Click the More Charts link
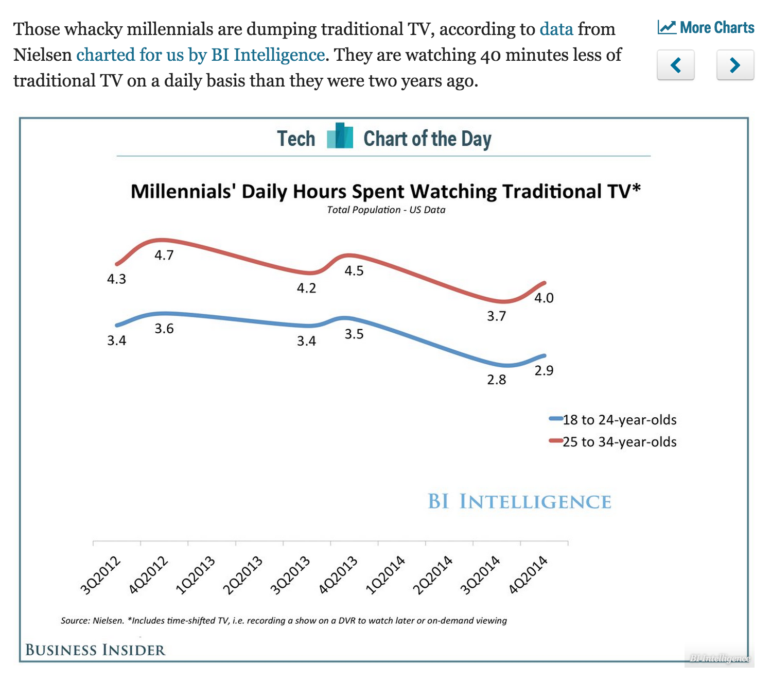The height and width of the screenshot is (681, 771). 706,28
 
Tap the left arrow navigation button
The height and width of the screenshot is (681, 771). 675,65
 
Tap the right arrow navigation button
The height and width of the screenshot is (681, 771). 735,65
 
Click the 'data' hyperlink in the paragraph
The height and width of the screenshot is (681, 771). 556,29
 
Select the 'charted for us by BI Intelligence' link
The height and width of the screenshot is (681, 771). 201,55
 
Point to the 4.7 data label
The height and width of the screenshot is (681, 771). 164,256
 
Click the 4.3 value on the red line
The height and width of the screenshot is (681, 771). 116,279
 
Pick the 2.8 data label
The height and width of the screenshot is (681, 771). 497,380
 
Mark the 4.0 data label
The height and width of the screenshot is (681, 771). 544,298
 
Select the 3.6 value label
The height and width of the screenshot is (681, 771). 164,329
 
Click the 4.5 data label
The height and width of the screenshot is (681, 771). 354,271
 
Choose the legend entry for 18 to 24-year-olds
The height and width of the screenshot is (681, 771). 614,420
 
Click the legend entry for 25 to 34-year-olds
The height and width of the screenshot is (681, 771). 614,442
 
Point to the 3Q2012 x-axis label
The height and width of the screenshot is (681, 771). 101,575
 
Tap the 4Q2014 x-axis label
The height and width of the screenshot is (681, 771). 528,575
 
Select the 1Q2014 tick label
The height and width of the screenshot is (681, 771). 385,575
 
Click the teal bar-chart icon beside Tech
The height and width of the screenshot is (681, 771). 340,136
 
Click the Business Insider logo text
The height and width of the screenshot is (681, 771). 96,650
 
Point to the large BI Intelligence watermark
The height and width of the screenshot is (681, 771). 519,502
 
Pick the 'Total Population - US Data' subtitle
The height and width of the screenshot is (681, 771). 386,210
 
